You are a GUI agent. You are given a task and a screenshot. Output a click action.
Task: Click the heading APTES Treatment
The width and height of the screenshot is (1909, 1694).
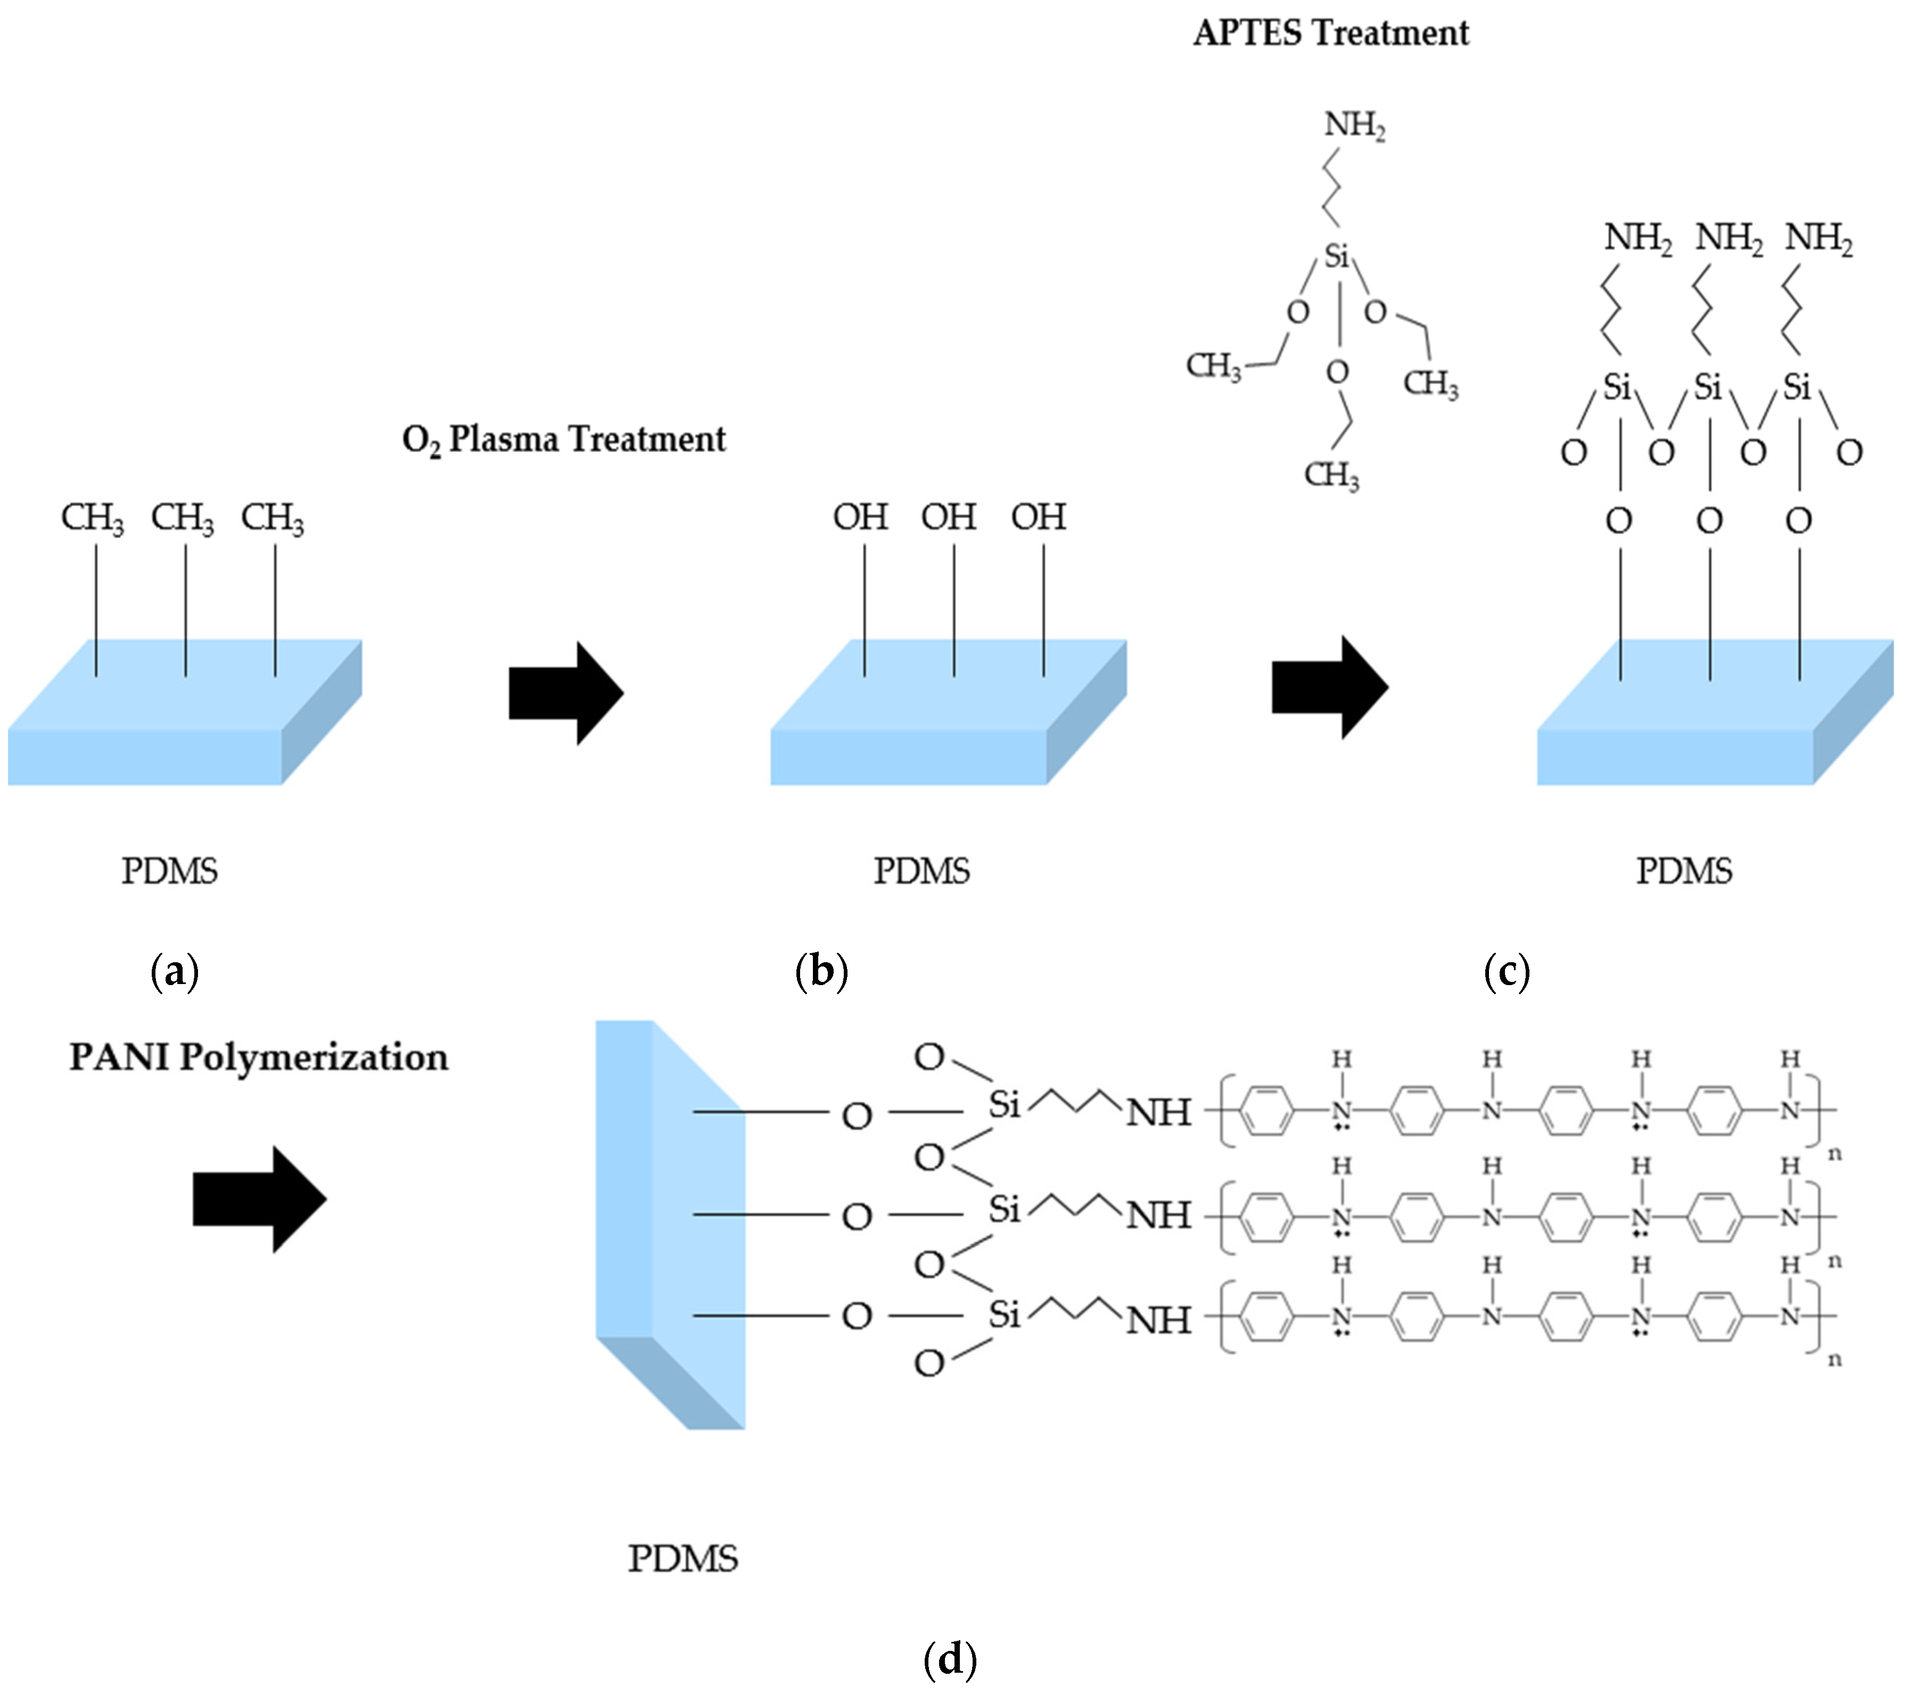pos(1331,34)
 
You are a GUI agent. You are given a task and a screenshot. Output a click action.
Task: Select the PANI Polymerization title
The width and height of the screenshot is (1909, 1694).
pos(259,1057)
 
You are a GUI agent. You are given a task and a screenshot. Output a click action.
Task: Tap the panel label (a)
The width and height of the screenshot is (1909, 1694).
pos(175,972)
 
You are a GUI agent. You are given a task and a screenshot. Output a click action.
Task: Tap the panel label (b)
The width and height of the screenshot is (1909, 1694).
pos(821,972)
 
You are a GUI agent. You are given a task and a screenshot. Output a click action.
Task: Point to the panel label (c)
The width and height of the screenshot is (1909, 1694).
pos(1507,972)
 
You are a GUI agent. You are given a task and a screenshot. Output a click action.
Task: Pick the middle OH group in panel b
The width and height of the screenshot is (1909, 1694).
pos(949,516)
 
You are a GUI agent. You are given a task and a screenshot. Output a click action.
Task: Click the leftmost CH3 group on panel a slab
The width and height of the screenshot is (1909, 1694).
pos(92,518)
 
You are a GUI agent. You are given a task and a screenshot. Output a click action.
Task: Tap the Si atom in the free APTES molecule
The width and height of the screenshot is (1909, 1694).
pos(1337,255)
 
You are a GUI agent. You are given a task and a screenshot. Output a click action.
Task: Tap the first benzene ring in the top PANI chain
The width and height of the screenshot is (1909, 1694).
pos(1268,1110)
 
